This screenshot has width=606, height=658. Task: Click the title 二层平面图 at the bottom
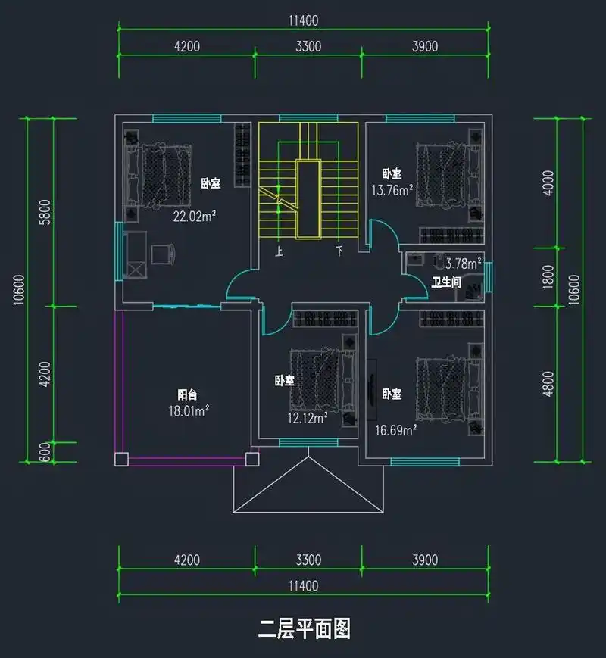[304, 628]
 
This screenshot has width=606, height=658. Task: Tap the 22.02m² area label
[195, 216]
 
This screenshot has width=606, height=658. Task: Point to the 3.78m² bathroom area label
[463, 264]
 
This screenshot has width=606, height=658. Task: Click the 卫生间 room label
[446, 282]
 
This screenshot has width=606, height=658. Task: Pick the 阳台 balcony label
[187, 394]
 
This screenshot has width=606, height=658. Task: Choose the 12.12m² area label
[305, 417]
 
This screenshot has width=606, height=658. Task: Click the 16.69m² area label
[397, 430]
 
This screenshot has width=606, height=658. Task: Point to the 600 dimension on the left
[44, 452]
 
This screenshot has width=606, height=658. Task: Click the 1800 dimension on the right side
[549, 277]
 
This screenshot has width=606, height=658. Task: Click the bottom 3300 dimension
[308, 560]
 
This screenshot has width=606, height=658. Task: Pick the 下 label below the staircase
[339, 252]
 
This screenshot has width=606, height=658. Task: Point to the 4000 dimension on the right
[549, 182]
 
